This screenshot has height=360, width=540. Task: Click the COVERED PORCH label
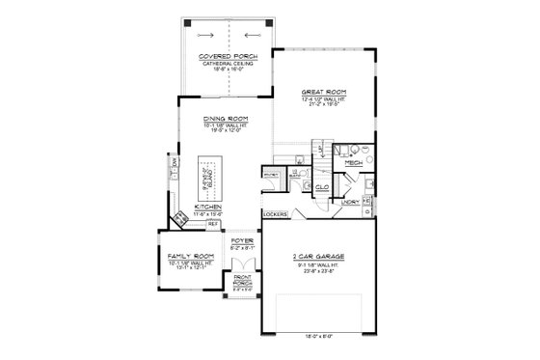coord(228,57)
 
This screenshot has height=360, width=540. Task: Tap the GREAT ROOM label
coord(321,92)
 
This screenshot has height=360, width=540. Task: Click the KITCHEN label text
coord(209,208)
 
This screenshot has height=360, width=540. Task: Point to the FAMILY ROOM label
coord(185,255)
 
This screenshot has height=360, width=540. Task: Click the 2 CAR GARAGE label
coord(317,257)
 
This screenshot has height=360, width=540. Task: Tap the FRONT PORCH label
coord(241,281)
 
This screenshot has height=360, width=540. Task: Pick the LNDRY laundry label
coord(351,203)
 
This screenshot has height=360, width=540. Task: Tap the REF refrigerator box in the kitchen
coord(213,224)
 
